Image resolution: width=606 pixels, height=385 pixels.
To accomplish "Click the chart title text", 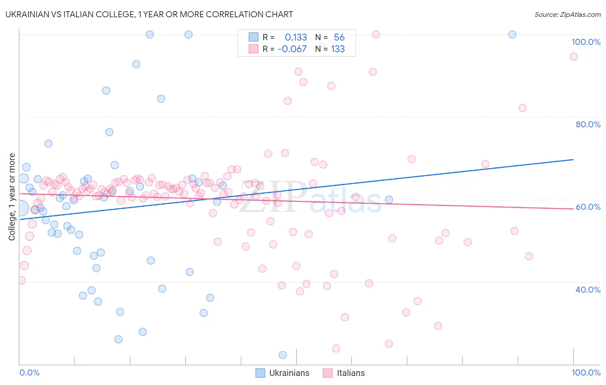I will coord(149,14).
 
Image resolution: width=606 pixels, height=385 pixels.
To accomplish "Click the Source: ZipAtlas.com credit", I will coord(567,14).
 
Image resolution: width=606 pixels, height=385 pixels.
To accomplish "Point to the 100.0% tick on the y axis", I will coord(586,42).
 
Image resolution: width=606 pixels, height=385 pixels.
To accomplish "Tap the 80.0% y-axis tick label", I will coord(588,124).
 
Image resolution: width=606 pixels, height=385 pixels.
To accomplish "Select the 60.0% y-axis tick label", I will coord(588,207).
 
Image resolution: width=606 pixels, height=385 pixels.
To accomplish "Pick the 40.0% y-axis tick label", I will coord(588,289).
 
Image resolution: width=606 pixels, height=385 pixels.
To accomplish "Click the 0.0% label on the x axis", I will coord(29,372).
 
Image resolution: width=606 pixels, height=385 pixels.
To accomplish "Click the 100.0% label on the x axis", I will coord(586,372).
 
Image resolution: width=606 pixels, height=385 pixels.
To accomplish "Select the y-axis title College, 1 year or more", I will coord(12,197).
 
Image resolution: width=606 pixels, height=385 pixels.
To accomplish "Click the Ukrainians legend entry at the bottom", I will coord(283,373).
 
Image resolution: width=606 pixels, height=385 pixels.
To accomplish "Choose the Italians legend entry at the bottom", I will coord(344,373).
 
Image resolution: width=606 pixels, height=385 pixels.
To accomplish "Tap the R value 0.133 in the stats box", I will coord(296,38).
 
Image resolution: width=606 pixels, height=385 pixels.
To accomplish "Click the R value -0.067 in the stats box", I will coord(292,49).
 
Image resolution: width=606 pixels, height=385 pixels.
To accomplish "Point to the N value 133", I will coord(337,49).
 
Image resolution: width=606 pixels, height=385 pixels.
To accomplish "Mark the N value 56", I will coord(339,38).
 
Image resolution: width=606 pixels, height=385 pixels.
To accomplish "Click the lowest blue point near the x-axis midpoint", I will coord(283,355).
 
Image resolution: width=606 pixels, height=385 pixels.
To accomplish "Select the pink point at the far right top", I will coord(573,57).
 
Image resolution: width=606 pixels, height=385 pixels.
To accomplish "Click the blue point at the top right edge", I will coord(512,35).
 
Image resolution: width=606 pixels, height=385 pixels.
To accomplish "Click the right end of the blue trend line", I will coord(573,159).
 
